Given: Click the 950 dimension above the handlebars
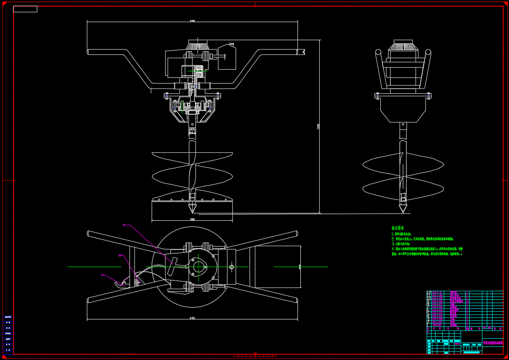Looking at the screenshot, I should coord(192,21).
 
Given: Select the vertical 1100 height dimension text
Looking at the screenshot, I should coord(318,127).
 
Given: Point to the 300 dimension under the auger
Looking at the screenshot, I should coord(192,220).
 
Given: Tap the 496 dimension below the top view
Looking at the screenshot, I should coord(192,318).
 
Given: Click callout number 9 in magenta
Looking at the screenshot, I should coord(123,225).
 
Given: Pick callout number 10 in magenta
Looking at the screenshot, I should coord(120,256).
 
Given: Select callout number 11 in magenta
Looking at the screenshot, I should coord(102,275).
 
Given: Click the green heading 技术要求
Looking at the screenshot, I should coord(398,228).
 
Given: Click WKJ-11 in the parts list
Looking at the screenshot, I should coord(437,292).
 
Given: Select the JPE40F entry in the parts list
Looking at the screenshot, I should coord(437,325).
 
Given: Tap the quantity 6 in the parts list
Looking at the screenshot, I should coord(468,301).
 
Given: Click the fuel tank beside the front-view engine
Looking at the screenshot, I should coord(227,57).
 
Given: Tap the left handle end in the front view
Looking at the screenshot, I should coord(89,52).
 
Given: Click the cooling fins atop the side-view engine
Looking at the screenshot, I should coord(403,47).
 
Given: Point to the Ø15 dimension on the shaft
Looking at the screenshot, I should coord(192,129).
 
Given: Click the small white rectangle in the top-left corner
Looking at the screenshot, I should coord(25,9).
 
